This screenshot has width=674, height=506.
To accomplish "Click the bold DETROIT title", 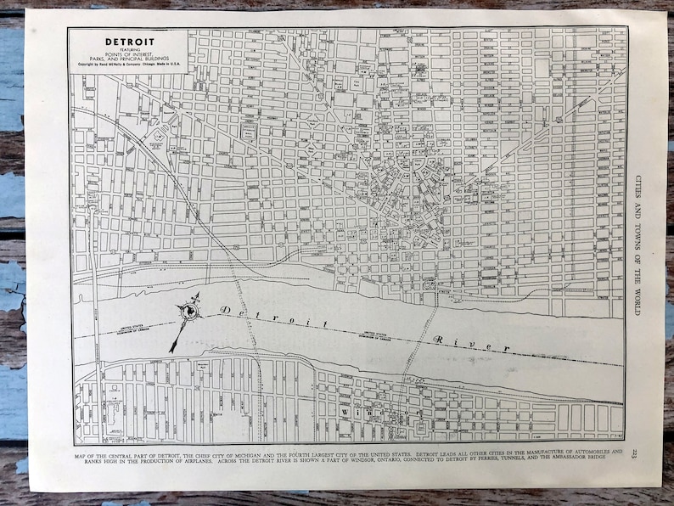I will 128,41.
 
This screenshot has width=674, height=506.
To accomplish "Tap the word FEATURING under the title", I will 128,49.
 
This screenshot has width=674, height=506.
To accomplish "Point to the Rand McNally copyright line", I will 128,64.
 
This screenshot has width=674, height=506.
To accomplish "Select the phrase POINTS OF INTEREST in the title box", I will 128,54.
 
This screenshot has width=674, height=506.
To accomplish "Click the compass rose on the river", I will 188,314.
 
